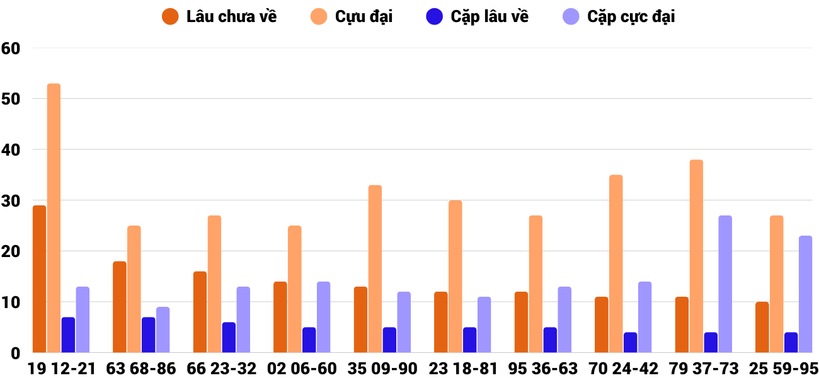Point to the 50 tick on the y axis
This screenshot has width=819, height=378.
point(11,100)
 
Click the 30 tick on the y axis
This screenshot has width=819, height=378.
point(11,201)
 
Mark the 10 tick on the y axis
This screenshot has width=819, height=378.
point(11,303)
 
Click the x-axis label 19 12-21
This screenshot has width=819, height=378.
point(61,369)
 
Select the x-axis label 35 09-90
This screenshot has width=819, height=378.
point(382,369)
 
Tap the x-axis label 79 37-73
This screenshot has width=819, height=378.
point(704,369)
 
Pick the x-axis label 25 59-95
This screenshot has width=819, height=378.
point(784,369)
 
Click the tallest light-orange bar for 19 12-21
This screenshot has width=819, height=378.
point(54,218)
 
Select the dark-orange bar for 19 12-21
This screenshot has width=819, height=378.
point(39,279)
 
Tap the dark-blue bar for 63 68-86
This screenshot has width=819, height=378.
point(148,335)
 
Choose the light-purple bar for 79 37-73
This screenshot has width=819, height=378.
point(725,284)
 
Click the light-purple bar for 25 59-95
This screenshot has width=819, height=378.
point(805,294)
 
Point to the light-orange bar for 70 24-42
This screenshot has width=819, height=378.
point(616,264)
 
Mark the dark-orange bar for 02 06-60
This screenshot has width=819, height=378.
point(280,318)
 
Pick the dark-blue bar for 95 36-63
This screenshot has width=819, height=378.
point(550,340)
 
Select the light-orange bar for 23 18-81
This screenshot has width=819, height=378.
point(455,277)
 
